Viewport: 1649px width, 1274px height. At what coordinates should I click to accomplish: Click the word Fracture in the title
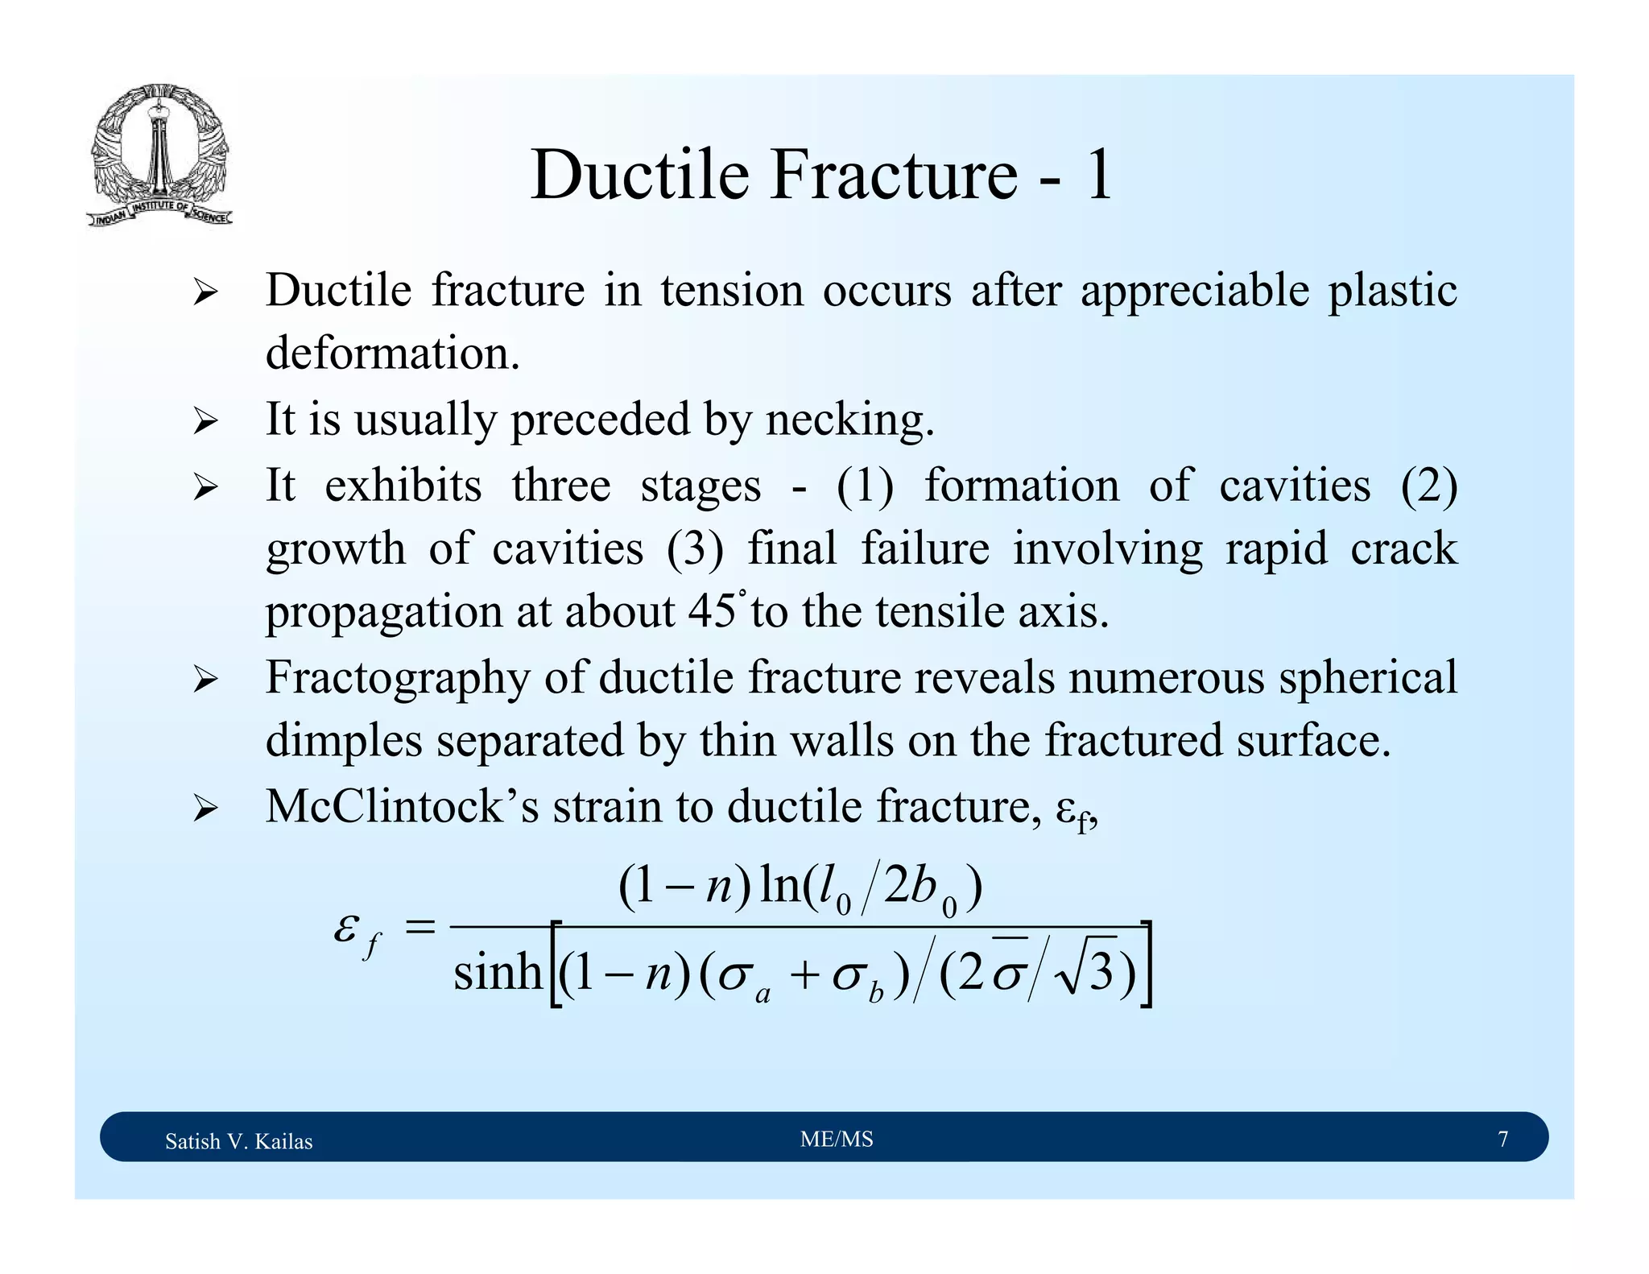coord(894,175)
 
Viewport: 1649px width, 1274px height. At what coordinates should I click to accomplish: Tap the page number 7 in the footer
coord(1502,1139)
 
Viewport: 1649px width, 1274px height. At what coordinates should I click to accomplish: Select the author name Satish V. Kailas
coord(238,1141)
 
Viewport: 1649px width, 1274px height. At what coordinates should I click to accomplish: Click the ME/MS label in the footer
coord(837,1139)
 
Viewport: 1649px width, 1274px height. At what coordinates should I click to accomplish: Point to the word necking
coord(849,420)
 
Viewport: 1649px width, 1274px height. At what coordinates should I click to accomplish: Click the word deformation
coord(392,354)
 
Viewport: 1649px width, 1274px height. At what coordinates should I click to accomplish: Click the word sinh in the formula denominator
coord(498,971)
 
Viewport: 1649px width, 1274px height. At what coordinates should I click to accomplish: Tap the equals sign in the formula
coord(419,929)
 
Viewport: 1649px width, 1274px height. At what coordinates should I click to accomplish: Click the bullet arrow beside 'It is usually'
coord(205,422)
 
